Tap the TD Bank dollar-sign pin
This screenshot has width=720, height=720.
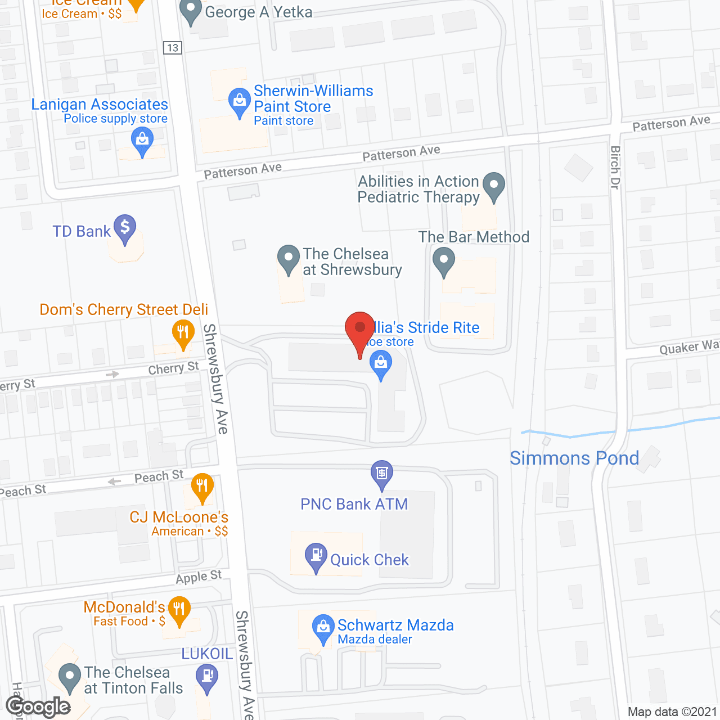pos(125,228)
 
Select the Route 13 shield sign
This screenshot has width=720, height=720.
pos(173,48)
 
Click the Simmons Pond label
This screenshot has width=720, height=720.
pos(574,458)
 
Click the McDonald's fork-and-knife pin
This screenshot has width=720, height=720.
pos(179,610)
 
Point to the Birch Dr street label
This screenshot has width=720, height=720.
pos(615,167)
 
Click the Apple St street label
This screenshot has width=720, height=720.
pos(199,577)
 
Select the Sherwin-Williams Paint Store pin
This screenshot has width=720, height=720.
pos(240,102)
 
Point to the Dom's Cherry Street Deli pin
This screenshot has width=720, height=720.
pos(183,333)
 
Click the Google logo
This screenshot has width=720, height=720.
pos(38,706)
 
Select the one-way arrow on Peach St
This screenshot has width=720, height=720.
pos(114,481)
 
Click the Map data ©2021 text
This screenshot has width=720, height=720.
pos(672,712)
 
